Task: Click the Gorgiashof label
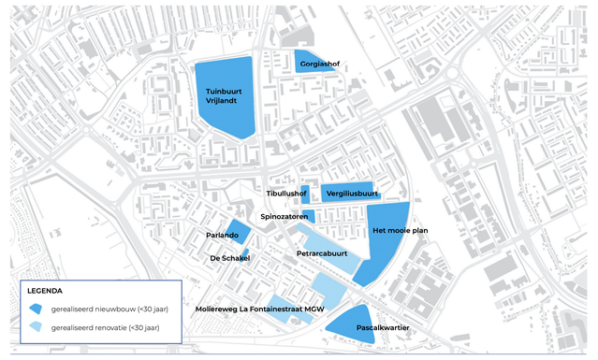[320, 64]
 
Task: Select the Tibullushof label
[286, 194]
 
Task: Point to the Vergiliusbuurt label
[346, 194]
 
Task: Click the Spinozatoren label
[284, 216]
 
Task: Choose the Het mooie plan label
[400, 230]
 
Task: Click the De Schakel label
[229, 258]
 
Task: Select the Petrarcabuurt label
[322, 253]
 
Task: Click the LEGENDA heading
[45, 291]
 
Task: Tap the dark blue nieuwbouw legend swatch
[36, 309]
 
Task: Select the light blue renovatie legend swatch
[36, 327]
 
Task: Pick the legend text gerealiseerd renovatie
[105, 327]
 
